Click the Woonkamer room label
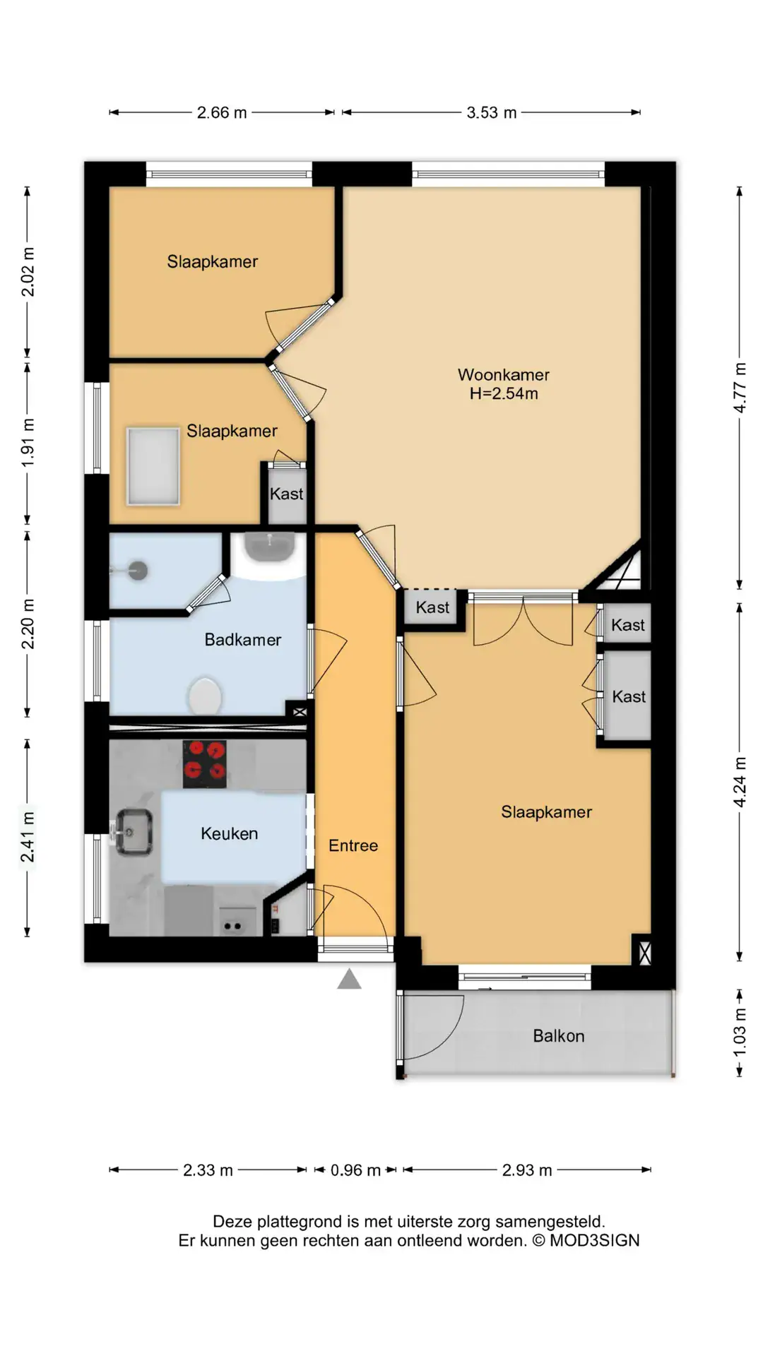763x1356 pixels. tap(503, 374)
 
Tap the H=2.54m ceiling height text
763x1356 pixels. tap(504, 393)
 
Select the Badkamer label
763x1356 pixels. tap(243, 640)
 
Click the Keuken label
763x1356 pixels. tap(230, 833)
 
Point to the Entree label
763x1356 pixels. tap(353, 845)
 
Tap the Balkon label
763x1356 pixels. tap(559, 1036)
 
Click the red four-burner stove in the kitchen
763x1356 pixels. tap(205, 763)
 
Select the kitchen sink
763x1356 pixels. tap(133, 833)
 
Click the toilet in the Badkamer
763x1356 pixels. tap(205, 696)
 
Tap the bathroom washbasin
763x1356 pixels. tap(269, 548)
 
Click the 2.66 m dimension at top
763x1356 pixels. tap(222, 112)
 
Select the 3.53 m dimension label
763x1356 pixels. tap(492, 112)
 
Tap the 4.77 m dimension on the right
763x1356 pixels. tap(740, 388)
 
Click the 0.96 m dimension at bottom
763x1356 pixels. tap(355, 1170)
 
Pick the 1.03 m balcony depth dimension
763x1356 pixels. tap(740, 1033)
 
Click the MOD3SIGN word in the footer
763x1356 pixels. tap(595, 1241)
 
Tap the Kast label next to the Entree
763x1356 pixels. tap(432, 607)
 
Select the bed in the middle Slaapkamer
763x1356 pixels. tap(153, 466)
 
